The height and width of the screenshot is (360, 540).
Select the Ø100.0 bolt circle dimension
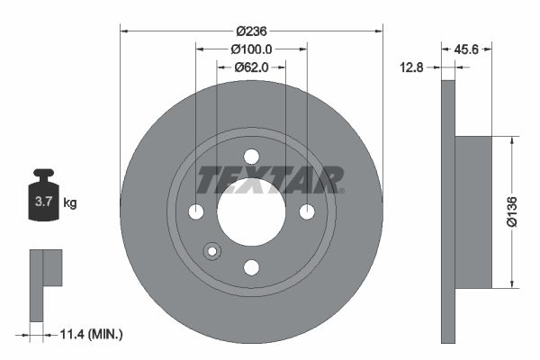click(x=251, y=49)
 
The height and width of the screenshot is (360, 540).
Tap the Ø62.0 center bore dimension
click(x=252, y=67)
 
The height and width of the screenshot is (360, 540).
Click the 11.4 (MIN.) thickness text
click(x=89, y=334)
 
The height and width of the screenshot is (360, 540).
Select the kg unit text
click(x=70, y=203)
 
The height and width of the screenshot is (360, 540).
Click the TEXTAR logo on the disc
click(x=269, y=179)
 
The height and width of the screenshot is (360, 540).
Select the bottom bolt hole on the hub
click(x=251, y=266)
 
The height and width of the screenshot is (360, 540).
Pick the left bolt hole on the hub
click(x=196, y=211)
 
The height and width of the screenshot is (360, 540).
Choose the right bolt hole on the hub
click(x=307, y=211)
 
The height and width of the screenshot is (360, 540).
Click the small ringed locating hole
click(x=212, y=250)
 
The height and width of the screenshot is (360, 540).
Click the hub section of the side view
click(x=473, y=212)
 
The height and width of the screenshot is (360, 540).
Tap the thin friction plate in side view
click(x=448, y=212)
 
